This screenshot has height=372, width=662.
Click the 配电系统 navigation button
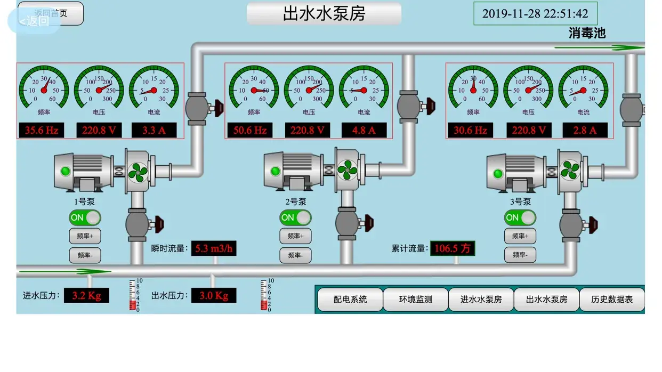pyautogui.click(x=350, y=300)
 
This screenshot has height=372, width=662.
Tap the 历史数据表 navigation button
pyautogui.click(x=612, y=300)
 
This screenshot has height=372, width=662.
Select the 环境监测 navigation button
pyautogui.click(x=416, y=300)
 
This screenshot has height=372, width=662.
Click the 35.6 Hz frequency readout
pyautogui.click(x=42, y=130)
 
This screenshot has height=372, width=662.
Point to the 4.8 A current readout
pyautogui.click(x=364, y=130)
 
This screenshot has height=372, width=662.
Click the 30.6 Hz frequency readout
pyautogui.click(x=470, y=130)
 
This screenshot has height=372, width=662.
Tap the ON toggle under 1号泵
pyautogui.click(x=85, y=217)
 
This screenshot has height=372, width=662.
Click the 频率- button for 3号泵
pyautogui.click(x=520, y=255)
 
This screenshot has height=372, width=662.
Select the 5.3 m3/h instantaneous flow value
pyautogui.click(x=214, y=248)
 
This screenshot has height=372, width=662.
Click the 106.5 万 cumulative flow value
pyautogui.click(x=453, y=248)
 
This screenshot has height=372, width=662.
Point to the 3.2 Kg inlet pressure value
pyautogui.click(x=86, y=295)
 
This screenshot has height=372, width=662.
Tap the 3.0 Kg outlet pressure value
pyautogui.click(x=214, y=295)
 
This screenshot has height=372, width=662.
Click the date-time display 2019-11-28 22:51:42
pyautogui.click(x=535, y=14)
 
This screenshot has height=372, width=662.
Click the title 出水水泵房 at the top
pyautogui.click(x=324, y=13)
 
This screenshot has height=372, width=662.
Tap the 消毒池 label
pyautogui.click(x=587, y=33)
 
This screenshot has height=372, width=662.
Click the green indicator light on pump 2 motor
pyautogui.click(x=276, y=171)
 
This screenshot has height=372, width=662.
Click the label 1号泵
pyautogui.click(x=84, y=202)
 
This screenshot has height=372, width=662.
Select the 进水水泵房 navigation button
pyautogui.click(x=481, y=300)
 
